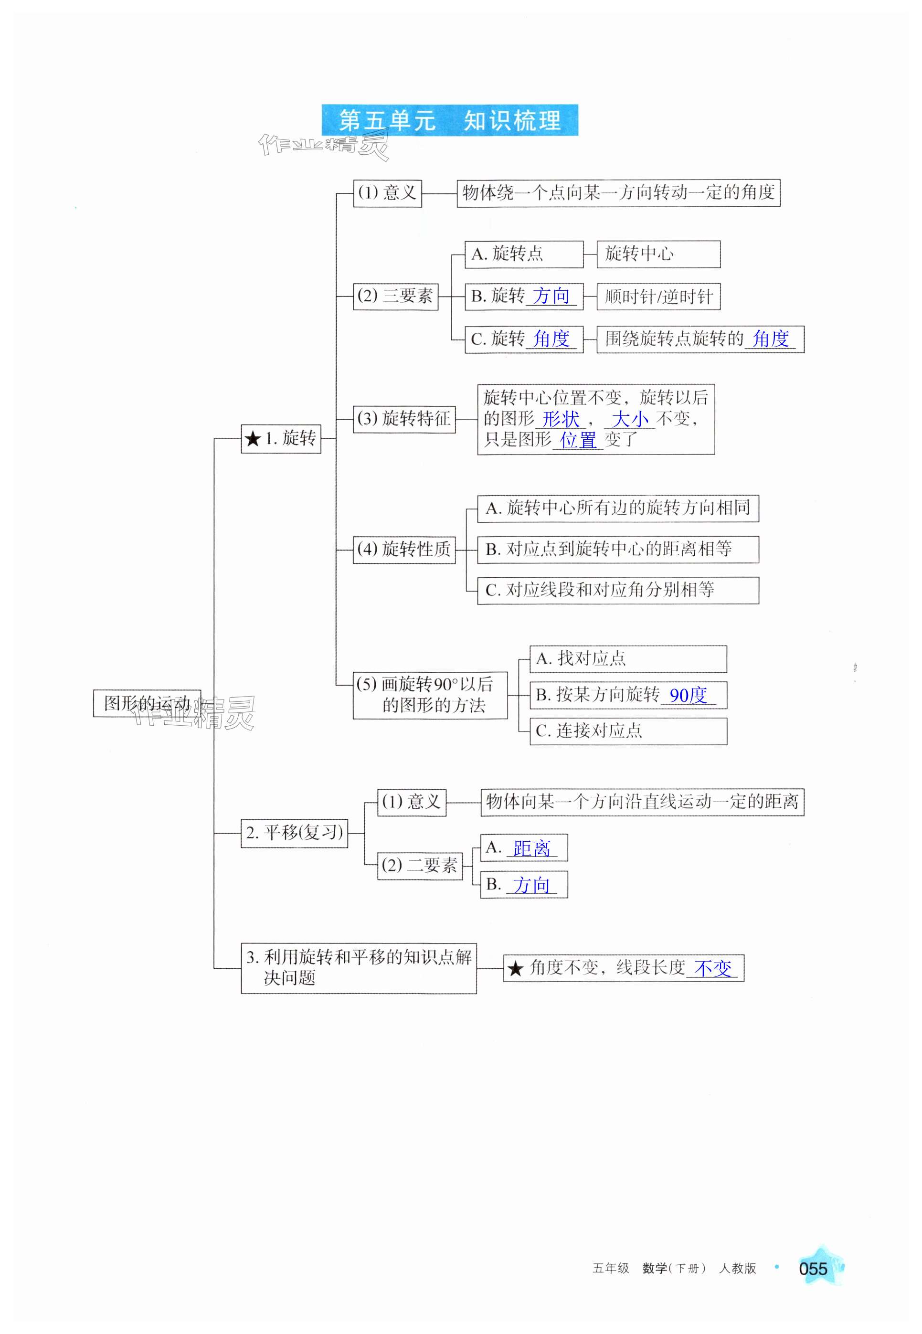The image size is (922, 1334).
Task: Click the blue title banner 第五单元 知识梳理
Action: [x=449, y=120]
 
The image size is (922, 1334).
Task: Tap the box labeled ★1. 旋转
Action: [x=281, y=438]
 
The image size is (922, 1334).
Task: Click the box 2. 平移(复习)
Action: [x=294, y=833]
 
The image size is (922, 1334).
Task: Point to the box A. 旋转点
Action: [x=523, y=254]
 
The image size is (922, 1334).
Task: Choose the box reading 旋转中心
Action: [x=658, y=254]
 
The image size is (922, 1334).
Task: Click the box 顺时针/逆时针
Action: [x=658, y=297]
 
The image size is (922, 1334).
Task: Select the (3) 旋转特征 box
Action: [x=404, y=419]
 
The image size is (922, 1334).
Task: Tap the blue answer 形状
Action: [x=561, y=419]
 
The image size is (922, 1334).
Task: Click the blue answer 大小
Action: [x=629, y=419]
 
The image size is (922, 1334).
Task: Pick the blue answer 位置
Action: [x=578, y=441]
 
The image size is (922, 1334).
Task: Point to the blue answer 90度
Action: [x=688, y=695]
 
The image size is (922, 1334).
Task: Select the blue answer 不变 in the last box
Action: [x=712, y=968]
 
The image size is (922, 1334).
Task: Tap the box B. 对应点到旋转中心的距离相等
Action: [x=617, y=549]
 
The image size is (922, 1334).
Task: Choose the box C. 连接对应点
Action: [x=628, y=731]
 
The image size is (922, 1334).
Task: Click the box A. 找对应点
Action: [x=628, y=659]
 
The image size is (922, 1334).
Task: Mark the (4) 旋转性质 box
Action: [x=404, y=549]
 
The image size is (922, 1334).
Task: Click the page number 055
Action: [x=813, y=1269]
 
